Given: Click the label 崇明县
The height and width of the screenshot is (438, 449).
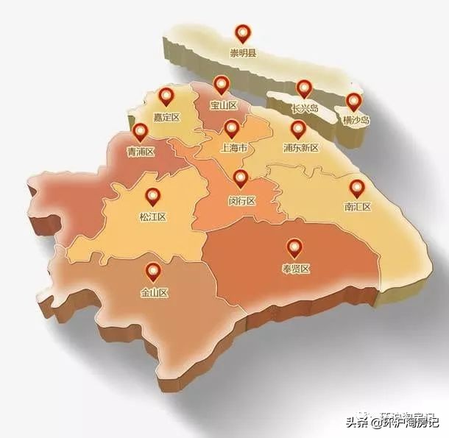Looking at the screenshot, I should click(x=242, y=52).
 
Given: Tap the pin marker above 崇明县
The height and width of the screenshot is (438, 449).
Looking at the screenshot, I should click(x=242, y=33).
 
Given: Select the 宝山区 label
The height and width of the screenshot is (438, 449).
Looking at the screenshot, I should click(x=223, y=105).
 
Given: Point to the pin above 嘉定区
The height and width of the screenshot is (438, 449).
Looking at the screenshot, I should click(x=166, y=96).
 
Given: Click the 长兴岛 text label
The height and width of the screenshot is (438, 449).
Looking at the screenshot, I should click(x=304, y=108).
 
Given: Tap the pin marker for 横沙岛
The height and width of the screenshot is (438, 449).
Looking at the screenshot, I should click(x=355, y=102).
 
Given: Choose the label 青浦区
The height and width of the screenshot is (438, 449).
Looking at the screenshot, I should click(x=141, y=152).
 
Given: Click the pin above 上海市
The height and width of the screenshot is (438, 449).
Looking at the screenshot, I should click(x=232, y=129).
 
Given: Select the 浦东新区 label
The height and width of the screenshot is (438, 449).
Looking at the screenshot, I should click(x=300, y=148).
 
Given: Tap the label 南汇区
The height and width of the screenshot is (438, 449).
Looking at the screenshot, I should click(x=357, y=207).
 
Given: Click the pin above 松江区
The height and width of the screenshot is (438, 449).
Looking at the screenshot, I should click(x=153, y=197).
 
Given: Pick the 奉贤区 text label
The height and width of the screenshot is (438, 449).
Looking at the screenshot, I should click(x=295, y=269).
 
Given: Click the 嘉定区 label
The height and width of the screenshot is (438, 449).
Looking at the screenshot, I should click(x=166, y=116).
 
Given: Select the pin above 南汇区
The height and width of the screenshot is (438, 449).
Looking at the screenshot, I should click(x=356, y=188).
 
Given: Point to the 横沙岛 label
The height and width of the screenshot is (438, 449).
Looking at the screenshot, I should click(x=356, y=120).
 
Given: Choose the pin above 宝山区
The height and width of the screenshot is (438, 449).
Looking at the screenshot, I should click(x=221, y=85).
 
